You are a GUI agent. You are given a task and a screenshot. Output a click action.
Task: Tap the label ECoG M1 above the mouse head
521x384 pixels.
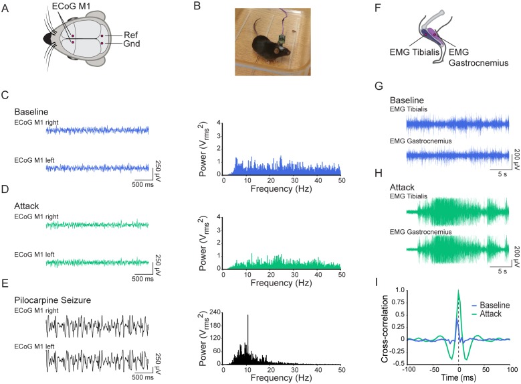coord(74,7)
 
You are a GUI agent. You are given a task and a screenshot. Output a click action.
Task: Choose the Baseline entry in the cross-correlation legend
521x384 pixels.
coord(498,304)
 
